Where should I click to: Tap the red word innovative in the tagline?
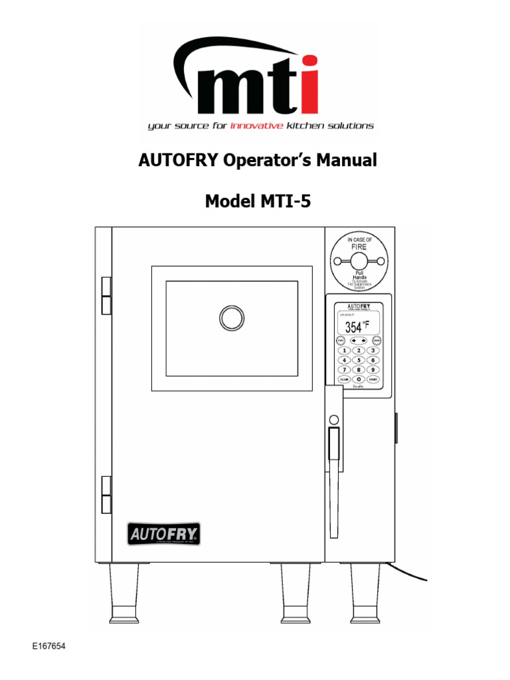[x=256, y=126]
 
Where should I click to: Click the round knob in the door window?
[x=232, y=318]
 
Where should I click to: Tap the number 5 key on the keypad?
[x=359, y=360]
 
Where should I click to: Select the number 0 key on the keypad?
[x=359, y=379]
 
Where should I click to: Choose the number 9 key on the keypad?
[x=373, y=369]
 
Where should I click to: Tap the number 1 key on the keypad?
[x=345, y=350]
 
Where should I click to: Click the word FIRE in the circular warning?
[x=359, y=246]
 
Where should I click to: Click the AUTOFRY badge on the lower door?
[x=165, y=533]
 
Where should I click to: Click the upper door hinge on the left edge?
[x=106, y=296]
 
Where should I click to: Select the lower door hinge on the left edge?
[x=106, y=494]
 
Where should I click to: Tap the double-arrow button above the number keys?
[x=359, y=340]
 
